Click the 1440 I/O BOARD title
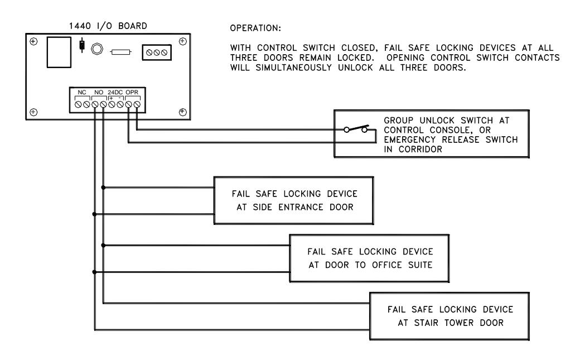pyautogui.click(x=108, y=26)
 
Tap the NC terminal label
pyautogui.click(x=82, y=93)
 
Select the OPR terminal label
pyautogui.click(x=132, y=93)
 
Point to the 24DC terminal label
pyautogui.click(x=115, y=93)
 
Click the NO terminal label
pyautogui.click(x=99, y=93)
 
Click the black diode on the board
pyautogui.click(x=82, y=45)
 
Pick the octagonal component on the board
pyautogui.click(x=97, y=49)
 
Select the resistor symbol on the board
pyautogui.click(x=120, y=52)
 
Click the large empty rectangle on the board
pyautogui.click(x=59, y=52)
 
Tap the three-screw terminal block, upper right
pyautogui.click(x=157, y=52)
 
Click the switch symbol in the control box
pyautogui.click(x=356, y=129)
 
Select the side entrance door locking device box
pyautogui.click(x=294, y=200)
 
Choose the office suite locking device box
pyautogui.click(x=369, y=258)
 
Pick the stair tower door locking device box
pyautogui.click(x=450, y=316)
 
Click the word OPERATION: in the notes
pyautogui.click(x=255, y=28)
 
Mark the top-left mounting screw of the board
pyautogui.click(x=33, y=41)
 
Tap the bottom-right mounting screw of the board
pyautogui.click(x=182, y=112)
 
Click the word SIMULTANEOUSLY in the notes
pyautogui.click(x=294, y=68)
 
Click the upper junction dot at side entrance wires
pyautogui.click(x=103, y=188)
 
